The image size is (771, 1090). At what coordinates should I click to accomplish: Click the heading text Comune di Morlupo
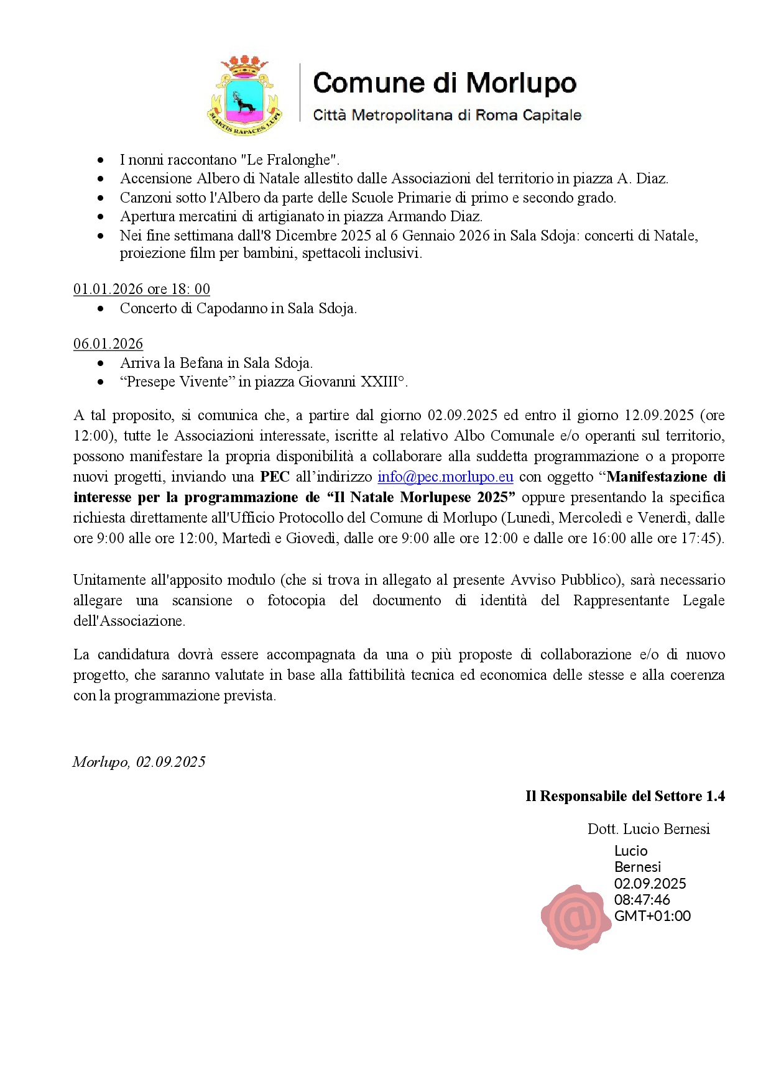pyautogui.click(x=445, y=83)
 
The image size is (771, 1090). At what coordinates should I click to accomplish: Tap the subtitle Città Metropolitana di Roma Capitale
pyautogui.click(x=447, y=115)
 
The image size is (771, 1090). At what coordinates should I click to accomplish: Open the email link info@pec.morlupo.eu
pyautogui.click(x=445, y=477)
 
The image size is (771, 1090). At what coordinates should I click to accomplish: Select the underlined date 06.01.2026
pyautogui.click(x=108, y=344)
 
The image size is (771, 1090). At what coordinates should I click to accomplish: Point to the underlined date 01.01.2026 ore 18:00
pyautogui.click(x=142, y=289)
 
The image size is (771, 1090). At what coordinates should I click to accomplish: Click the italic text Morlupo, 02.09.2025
pyautogui.click(x=139, y=762)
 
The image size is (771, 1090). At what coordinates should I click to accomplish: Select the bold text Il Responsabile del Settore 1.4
pyautogui.click(x=625, y=796)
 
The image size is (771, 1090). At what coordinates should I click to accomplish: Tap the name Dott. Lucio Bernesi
pyautogui.click(x=649, y=829)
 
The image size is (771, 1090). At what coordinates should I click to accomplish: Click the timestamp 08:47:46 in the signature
pyautogui.click(x=642, y=899)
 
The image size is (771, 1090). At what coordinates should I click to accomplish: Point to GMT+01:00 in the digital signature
pyautogui.click(x=652, y=915)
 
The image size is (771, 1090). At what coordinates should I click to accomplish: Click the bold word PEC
pyautogui.click(x=275, y=477)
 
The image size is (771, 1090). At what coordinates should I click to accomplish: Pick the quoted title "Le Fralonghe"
pyautogui.click(x=289, y=160)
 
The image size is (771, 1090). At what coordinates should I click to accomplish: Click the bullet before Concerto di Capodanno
pyautogui.click(x=101, y=308)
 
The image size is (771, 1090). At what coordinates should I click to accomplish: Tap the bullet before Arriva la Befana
pyautogui.click(x=101, y=363)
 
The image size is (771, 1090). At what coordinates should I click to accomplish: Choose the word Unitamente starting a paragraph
pyautogui.click(x=112, y=580)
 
